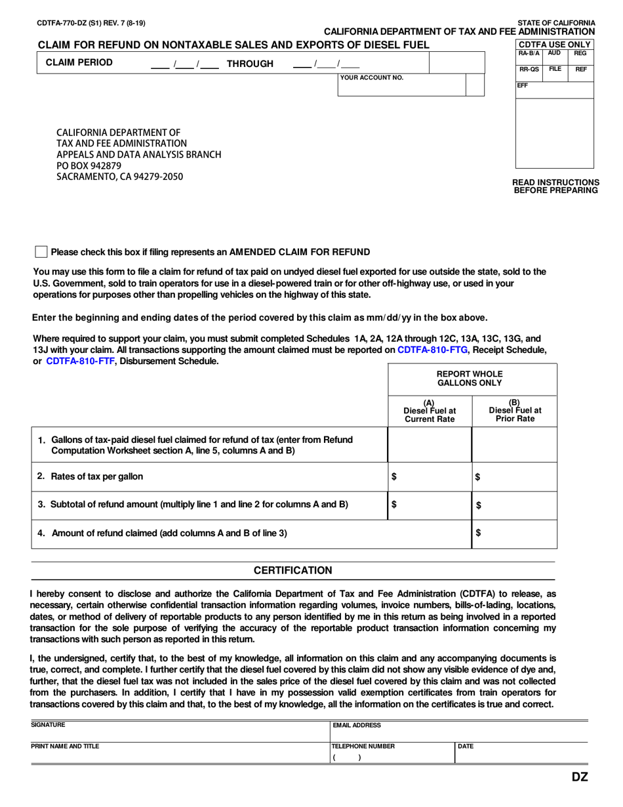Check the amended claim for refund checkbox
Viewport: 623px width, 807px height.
(x=41, y=252)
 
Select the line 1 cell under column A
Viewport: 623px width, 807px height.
(x=430, y=445)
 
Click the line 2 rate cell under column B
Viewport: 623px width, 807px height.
(x=514, y=477)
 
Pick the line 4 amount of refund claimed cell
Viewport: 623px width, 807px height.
(x=514, y=533)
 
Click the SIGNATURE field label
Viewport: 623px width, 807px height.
(x=49, y=725)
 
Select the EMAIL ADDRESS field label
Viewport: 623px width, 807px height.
(x=357, y=726)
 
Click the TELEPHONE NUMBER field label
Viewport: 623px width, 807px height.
(x=363, y=746)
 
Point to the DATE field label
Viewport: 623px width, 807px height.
(x=466, y=746)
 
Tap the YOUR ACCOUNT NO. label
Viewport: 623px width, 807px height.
(x=371, y=77)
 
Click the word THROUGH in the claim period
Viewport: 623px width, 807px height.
(x=249, y=64)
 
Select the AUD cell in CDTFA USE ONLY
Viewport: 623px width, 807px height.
(x=554, y=52)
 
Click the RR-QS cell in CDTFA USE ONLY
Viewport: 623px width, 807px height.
(x=529, y=68)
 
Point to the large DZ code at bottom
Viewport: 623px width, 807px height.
(x=579, y=777)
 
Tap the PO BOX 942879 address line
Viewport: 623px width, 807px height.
(x=89, y=166)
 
